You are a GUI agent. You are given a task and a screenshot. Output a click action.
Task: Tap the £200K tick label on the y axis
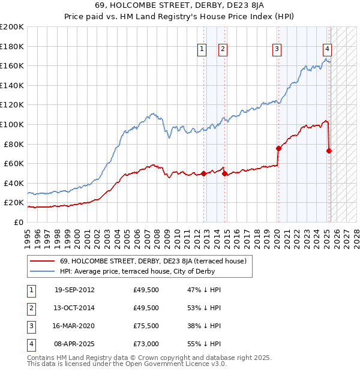[12, 27]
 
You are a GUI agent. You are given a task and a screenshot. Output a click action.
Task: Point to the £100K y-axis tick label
[12, 124]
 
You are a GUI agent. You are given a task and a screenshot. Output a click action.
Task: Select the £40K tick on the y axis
[14, 183]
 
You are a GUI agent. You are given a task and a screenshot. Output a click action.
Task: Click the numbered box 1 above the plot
[202, 49]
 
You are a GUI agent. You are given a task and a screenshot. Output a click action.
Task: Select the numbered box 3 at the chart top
[277, 49]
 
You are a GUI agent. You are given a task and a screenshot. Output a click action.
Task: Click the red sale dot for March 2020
[278, 148]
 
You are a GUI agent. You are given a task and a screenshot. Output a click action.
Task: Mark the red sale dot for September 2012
[203, 173]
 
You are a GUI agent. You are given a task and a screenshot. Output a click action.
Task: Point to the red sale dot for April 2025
[329, 151]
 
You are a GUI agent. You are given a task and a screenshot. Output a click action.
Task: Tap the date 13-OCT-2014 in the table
[74, 308]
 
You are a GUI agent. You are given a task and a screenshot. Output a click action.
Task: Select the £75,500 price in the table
[146, 326]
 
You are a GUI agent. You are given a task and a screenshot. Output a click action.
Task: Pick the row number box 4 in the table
[30, 344]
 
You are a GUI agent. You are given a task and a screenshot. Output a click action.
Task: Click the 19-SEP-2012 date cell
[74, 290]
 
